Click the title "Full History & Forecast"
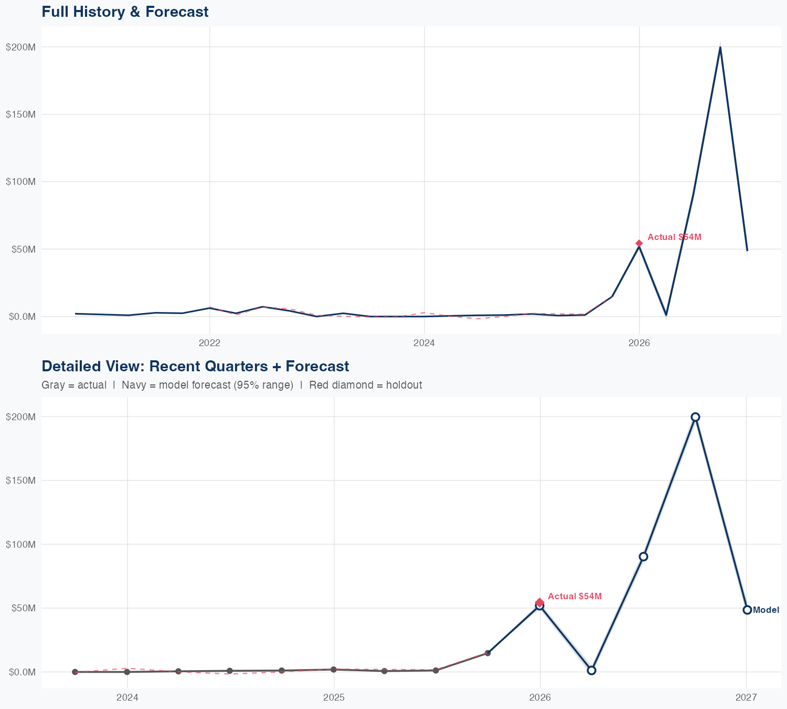click(x=125, y=12)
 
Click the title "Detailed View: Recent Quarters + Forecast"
click(x=195, y=366)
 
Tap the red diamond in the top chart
click(x=639, y=243)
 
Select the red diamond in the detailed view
click(x=539, y=602)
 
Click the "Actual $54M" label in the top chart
click(x=674, y=237)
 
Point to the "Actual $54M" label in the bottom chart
click(x=575, y=597)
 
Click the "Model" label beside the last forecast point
click(x=766, y=610)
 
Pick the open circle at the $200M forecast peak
click(x=695, y=417)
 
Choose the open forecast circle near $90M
click(x=643, y=557)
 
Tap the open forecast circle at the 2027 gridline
click(x=747, y=610)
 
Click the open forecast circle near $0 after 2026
click(x=591, y=670)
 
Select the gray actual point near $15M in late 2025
click(x=487, y=653)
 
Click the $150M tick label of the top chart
click(x=20, y=114)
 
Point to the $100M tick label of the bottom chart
click(x=20, y=545)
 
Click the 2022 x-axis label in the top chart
click(x=209, y=343)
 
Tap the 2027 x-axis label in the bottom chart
click(x=746, y=698)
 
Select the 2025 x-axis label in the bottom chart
click(x=334, y=698)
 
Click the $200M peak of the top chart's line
click(x=720, y=47)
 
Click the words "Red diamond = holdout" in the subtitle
click(x=366, y=385)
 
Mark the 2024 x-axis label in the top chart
click(x=424, y=343)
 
